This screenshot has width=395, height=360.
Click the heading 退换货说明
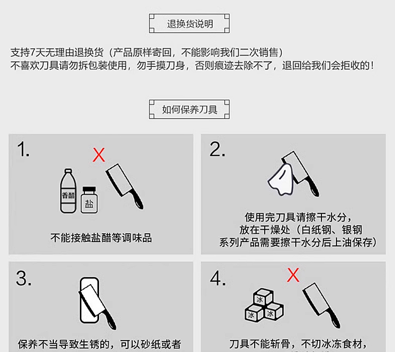point(190,24)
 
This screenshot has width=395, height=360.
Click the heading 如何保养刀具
point(190,110)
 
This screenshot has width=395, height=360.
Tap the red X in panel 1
point(99,155)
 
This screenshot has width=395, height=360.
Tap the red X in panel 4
point(293,275)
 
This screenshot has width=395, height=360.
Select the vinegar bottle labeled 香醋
point(68,191)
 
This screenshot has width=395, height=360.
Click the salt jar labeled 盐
point(89,200)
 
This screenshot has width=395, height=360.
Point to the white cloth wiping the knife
point(280,179)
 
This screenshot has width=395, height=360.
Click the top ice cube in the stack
point(262,298)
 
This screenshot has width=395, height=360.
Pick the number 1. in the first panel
point(23,149)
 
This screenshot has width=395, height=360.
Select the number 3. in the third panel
point(23,279)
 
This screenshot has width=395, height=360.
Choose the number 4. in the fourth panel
point(218,279)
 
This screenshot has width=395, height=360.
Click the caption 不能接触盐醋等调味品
point(101,238)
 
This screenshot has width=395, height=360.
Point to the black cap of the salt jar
point(89,189)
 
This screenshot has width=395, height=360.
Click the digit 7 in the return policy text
point(32,53)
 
